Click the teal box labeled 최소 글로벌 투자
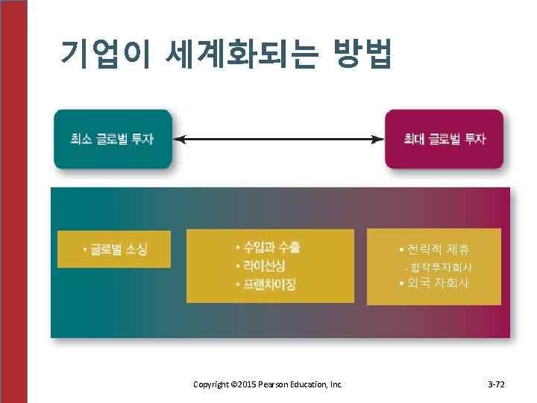(x=113, y=139)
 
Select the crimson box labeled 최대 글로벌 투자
(x=444, y=139)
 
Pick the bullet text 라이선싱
(x=264, y=265)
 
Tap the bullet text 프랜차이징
(x=269, y=284)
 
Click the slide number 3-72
(x=496, y=384)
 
